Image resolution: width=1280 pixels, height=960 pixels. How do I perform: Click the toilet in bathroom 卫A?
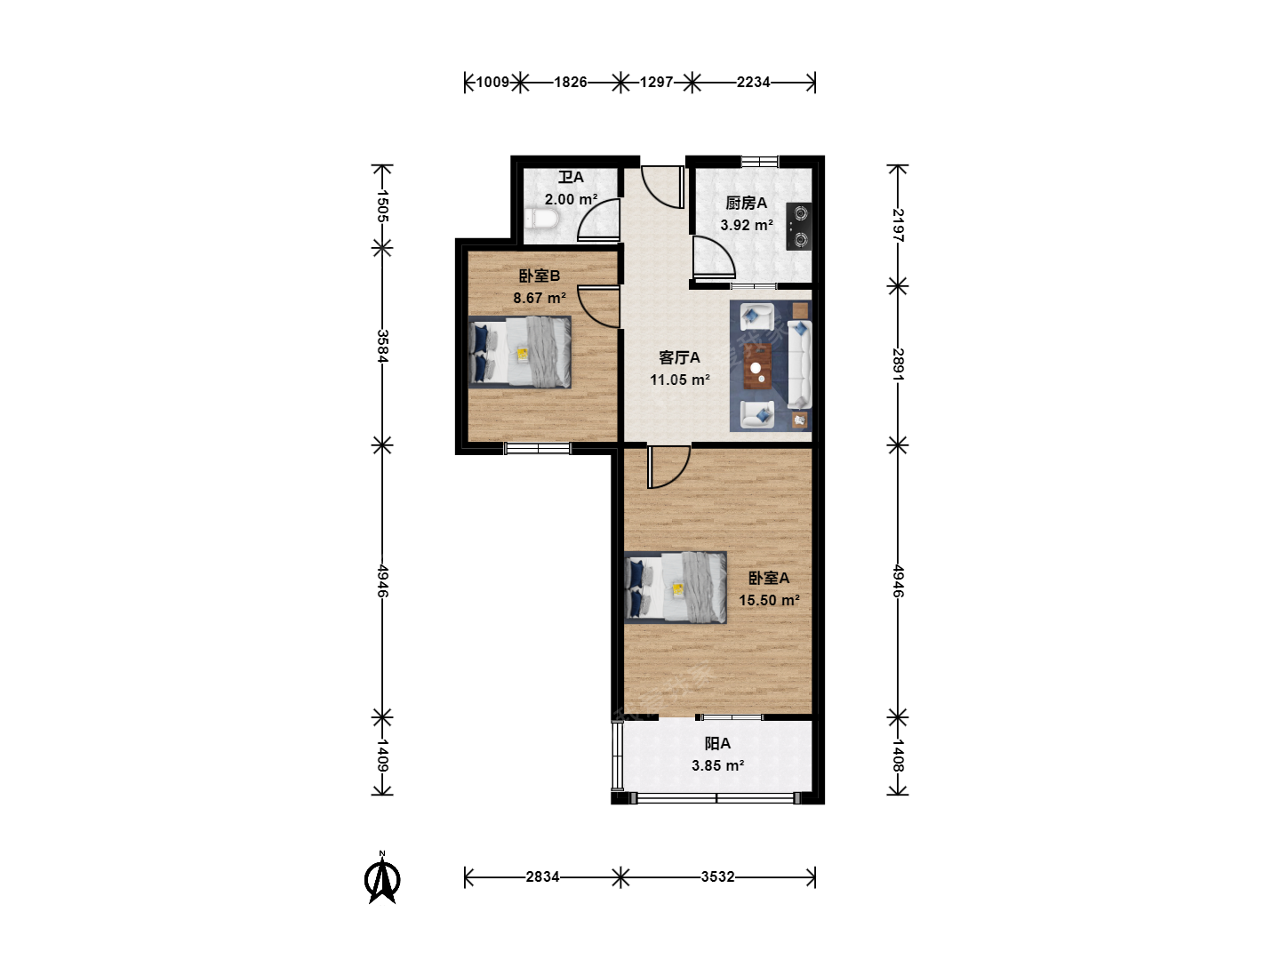pyautogui.click(x=541, y=220)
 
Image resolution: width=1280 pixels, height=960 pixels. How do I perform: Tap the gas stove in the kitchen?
pyautogui.click(x=798, y=226)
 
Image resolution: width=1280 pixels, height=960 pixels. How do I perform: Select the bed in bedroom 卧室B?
pyautogui.click(x=520, y=352)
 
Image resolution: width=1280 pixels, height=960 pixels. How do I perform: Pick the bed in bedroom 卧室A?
pyautogui.click(x=676, y=588)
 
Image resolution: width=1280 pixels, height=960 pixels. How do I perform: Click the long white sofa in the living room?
pyautogui.click(x=799, y=364)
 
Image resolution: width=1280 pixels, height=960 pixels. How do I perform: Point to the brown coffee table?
pyautogui.click(x=757, y=366)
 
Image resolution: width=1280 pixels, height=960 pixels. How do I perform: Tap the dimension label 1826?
pyautogui.click(x=571, y=82)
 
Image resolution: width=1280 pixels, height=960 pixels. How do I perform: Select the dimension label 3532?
pyautogui.click(x=717, y=876)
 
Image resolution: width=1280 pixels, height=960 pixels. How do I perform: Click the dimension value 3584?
pyautogui.click(x=382, y=347)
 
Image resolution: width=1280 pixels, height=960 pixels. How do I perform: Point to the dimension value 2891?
pyautogui.click(x=898, y=364)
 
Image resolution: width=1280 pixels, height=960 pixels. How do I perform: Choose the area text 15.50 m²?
pyautogui.click(x=769, y=600)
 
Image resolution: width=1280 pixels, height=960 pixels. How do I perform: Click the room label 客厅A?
pyautogui.click(x=679, y=357)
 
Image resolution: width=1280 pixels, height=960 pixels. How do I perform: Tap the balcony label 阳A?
pyautogui.click(x=717, y=744)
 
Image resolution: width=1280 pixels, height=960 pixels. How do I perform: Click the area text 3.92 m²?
pyautogui.click(x=747, y=225)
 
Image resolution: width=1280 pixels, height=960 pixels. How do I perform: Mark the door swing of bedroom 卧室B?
pyautogui.click(x=598, y=307)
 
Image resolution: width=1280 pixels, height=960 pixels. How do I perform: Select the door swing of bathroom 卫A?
pyautogui.click(x=598, y=220)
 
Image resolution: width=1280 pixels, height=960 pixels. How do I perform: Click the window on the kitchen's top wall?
pyautogui.click(x=760, y=162)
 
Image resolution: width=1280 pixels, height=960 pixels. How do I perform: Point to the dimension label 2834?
pyautogui.click(x=542, y=876)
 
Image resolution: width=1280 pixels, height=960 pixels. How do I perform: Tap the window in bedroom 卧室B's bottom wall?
pyautogui.click(x=537, y=448)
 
